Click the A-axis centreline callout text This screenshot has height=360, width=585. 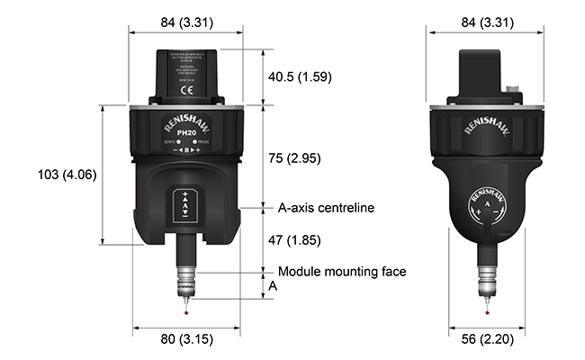point(326,208)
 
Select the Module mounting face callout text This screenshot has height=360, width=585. point(342,271)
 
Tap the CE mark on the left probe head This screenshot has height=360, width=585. point(186,90)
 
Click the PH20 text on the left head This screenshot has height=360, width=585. point(187,133)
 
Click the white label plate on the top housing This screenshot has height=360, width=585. point(186,68)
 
